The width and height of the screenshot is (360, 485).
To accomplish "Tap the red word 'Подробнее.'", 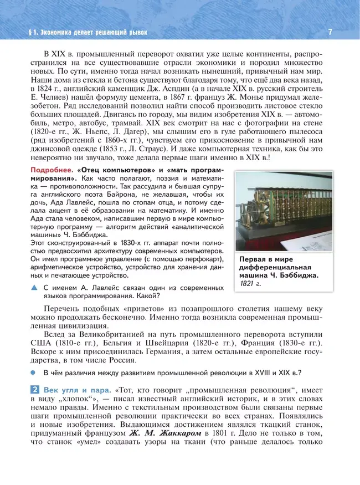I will click(x=52, y=169).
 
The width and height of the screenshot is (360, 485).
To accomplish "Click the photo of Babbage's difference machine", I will click(x=284, y=211).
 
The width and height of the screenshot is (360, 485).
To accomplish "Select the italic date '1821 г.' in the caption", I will click(x=250, y=284).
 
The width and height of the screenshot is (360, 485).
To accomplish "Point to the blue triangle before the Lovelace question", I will click(x=34, y=288).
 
